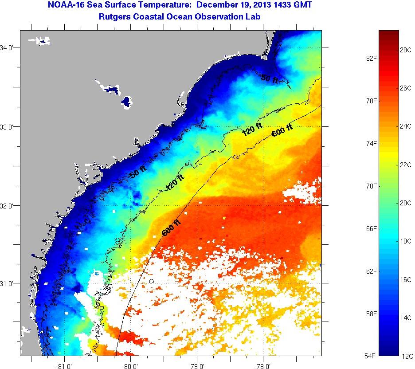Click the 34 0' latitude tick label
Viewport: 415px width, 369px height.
pyautogui.click(x=9, y=47)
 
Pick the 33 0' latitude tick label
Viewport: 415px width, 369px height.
pyautogui.click(x=9, y=127)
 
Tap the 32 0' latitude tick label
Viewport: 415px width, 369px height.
pyautogui.click(x=9, y=206)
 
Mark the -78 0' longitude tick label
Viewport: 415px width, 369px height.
pyautogui.click(x=262, y=366)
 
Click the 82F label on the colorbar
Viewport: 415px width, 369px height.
pyautogui.click(x=372, y=58)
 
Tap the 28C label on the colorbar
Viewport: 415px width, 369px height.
pyautogui.click(x=406, y=50)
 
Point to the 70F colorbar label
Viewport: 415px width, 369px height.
pyautogui.click(x=372, y=186)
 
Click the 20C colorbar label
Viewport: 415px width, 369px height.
pyautogui.click(x=406, y=203)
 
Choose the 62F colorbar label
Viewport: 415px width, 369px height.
pyautogui.click(x=372, y=271)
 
